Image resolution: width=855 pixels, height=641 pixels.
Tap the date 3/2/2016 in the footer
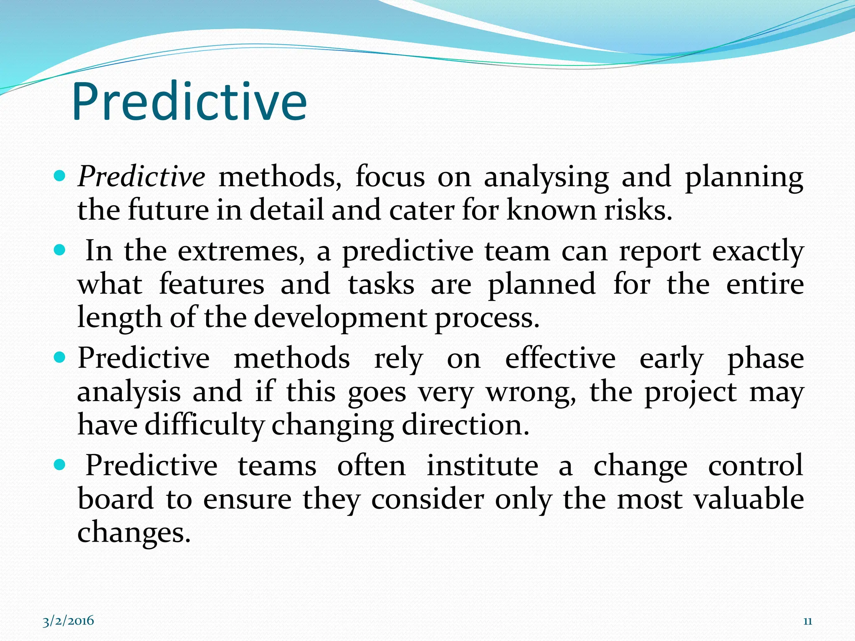[x=68, y=621]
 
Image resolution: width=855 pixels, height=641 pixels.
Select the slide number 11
[x=807, y=621]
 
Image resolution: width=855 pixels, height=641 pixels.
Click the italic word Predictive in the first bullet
[x=141, y=177]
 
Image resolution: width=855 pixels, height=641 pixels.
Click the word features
[x=212, y=285]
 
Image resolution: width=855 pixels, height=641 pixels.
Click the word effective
[x=560, y=358]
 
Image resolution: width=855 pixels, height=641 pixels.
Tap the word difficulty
[x=205, y=426]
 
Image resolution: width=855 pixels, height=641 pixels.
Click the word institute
[x=482, y=466]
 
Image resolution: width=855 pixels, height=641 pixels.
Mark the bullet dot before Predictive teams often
[x=61, y=464]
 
